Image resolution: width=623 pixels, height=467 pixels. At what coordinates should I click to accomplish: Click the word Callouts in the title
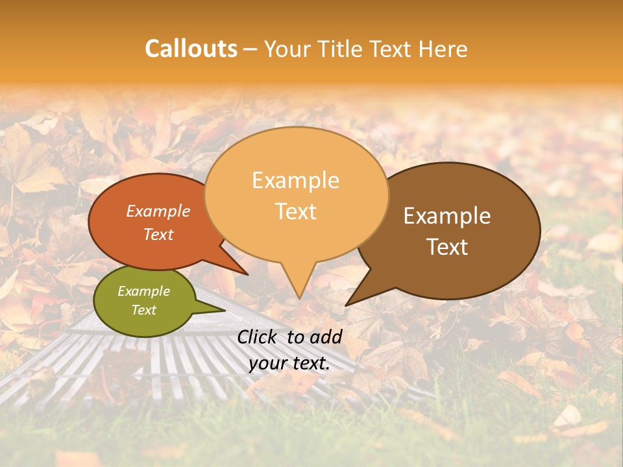[x=191, y=49]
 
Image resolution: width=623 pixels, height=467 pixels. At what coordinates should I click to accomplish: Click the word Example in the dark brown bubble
[x=447, y=216]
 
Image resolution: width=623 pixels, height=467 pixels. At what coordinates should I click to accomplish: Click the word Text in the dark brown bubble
[x=447, y=247]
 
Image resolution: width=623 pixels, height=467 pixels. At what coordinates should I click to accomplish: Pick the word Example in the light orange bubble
[x=295, y=180]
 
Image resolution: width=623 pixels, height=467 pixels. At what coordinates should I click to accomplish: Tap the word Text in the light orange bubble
[x=295, y=211]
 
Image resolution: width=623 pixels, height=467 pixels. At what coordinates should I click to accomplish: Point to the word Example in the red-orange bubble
[x=158, y=211]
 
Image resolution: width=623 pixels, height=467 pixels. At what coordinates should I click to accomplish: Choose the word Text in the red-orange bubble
[x=158, y=234]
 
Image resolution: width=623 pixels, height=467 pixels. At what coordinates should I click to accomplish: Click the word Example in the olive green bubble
[x=143, y=291]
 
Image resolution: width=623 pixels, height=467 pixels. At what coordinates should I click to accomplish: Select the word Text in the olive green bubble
[x=143, y=310]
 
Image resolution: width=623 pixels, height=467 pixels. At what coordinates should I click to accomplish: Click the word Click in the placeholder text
[x=259, y=337]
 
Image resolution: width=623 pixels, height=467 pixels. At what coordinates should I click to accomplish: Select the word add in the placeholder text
[x=326, y=337]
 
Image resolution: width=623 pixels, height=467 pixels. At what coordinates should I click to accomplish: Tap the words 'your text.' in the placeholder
[x=289, y=363]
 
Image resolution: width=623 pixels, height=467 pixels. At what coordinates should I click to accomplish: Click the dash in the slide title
[x=250, y=49]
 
